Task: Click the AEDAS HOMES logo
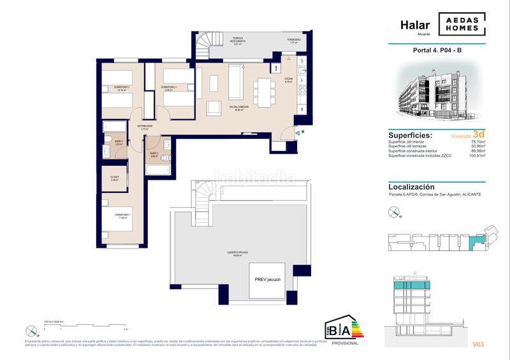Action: point(461,24)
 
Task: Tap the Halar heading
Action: point(414,25)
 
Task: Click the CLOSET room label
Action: point(114,178)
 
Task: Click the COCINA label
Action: point(289,80)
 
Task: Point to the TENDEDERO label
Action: point(293,40)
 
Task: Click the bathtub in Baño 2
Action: point(157,171)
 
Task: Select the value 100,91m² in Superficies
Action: point(475,155)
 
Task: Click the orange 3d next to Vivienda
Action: point(479,134)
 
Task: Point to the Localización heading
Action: point(411,187)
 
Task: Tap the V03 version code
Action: point(478,345)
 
